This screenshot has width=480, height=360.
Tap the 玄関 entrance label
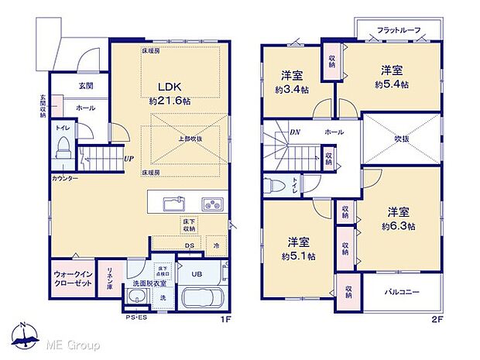pos(85,86)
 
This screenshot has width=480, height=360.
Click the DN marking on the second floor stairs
pos(295,132)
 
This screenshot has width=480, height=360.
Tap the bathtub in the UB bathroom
pos(201,297)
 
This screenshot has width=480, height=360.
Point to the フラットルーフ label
pos(399,30)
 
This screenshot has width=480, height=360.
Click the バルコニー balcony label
pos(399,293)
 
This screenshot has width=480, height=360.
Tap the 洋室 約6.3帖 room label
pos(399,219)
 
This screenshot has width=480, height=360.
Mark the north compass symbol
pos(25,334)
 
